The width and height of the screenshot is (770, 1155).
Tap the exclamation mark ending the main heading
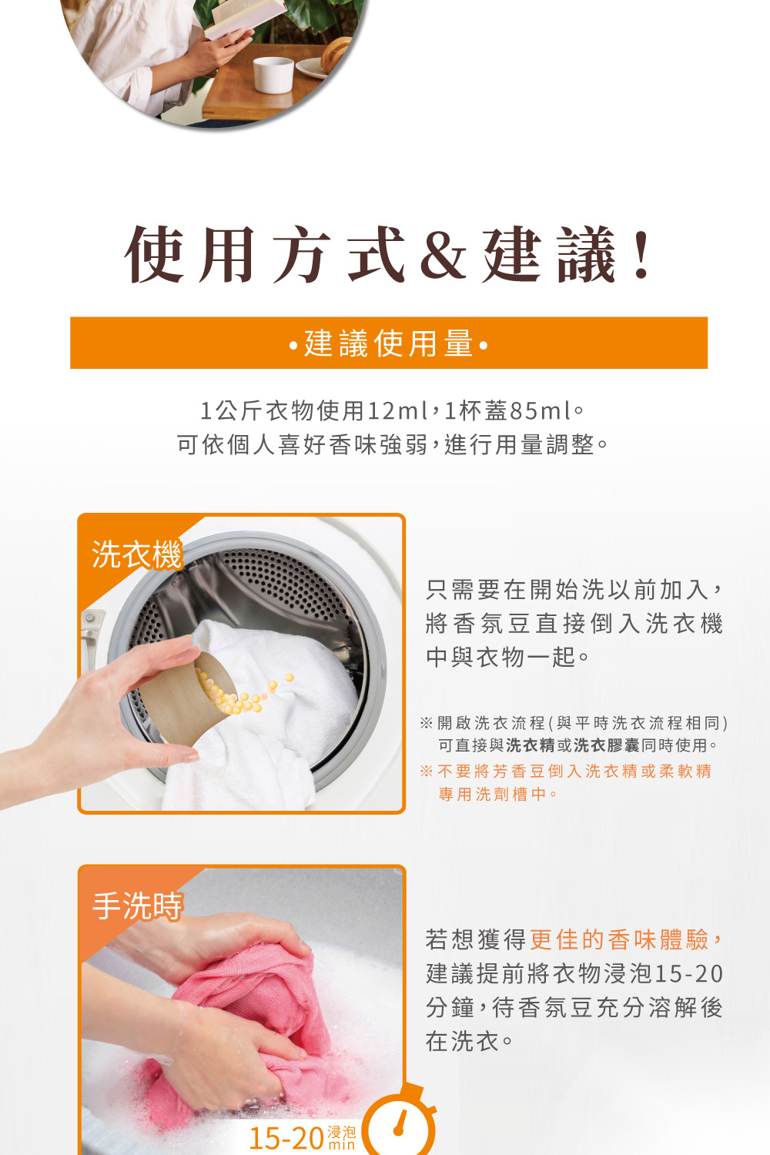(641, 255)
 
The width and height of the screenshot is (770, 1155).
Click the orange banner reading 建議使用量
(389, 343)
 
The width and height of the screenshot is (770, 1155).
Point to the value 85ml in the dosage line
(541, 411)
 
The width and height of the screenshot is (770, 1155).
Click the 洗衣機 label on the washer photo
(136, 554)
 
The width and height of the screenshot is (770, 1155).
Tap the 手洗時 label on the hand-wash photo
(137, 906)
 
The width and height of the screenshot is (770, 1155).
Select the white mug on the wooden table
(274, 75)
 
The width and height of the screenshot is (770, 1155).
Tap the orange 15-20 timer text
(286, 1138)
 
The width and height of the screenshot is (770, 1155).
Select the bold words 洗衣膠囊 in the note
(607, 745)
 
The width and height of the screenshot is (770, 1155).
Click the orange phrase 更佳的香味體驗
(619, 939)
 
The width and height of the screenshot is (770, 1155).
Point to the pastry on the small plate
(335, 55)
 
